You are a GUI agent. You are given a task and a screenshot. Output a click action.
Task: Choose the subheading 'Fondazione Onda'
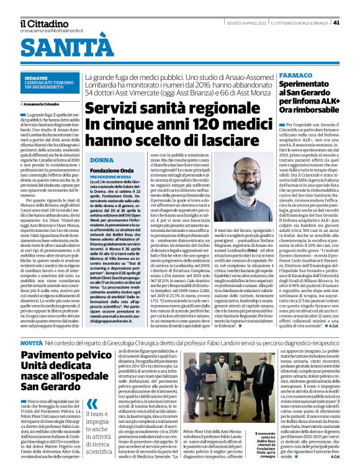(112, 170)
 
